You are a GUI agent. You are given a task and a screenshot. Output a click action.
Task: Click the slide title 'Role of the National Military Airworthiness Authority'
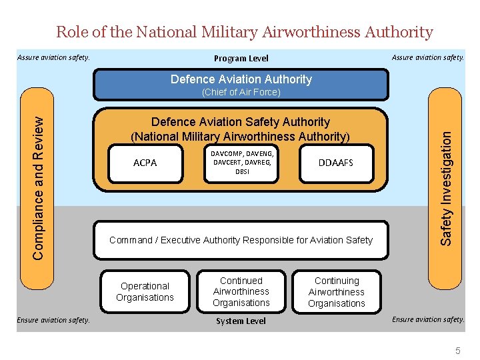coord(244,31)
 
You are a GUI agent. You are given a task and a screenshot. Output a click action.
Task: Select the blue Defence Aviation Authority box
coord(241,79)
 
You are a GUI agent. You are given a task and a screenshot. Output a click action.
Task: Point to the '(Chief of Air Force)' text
coord(241,92)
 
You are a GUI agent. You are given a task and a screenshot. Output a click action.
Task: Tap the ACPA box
coord(145,163)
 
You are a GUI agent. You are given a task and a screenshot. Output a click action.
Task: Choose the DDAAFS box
coord(335,163)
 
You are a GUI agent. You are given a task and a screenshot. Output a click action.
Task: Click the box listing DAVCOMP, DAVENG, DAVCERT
coord(242,163)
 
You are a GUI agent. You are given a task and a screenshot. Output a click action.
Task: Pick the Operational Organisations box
coord(145,291)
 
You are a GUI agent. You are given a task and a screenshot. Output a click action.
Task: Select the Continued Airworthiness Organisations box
coord(241,291)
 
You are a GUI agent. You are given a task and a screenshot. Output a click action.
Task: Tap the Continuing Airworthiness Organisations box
coord(337,292)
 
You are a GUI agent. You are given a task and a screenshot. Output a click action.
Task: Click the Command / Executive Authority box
coord(241,240)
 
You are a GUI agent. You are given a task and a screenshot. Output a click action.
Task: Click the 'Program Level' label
coord(241,58)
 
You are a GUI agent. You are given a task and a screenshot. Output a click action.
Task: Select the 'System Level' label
coord(241,321)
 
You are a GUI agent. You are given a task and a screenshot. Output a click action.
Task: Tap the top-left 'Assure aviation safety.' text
coord(53,57)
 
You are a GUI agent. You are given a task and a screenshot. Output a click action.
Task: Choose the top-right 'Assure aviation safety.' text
coord(427,57)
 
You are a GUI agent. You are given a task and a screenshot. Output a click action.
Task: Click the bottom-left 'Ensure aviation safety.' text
coord(53,320)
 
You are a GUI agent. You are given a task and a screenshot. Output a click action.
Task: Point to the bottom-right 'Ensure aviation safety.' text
coord(427,319)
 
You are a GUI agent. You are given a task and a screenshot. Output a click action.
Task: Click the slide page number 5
coord(457,351)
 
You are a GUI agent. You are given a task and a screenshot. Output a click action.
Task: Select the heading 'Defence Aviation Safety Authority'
coord(241,122)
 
